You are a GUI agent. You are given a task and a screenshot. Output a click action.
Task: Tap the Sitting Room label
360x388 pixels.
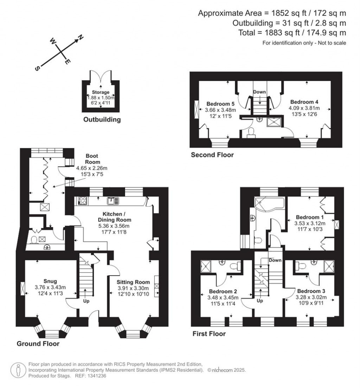click(x=133, y=282)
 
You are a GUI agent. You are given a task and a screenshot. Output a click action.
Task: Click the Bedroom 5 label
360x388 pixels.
click(x=220, y=104)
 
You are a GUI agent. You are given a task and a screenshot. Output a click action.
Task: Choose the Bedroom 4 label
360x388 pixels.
click(x=304, y=102)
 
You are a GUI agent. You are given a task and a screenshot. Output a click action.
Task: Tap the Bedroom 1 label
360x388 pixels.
click(x=310, y=217)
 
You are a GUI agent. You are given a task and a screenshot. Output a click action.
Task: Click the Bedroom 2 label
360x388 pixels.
click(x=223, y=291)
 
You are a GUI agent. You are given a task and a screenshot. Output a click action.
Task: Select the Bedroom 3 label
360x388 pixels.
click(x=311, y=291)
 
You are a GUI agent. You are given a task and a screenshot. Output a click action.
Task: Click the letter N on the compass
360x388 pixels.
click(x=80, y=37)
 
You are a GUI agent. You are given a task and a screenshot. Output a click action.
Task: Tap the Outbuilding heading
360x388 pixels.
click(x=102, y=119)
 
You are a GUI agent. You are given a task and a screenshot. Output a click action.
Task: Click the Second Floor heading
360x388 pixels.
click(x=212, y=155)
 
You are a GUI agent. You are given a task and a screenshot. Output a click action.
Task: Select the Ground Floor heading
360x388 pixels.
click(x=38, y=343)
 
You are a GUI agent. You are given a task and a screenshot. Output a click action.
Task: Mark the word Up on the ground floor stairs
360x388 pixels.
click(x=86, y=301)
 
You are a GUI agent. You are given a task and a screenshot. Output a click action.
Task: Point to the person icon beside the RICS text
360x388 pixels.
click(x=18, y=370)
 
